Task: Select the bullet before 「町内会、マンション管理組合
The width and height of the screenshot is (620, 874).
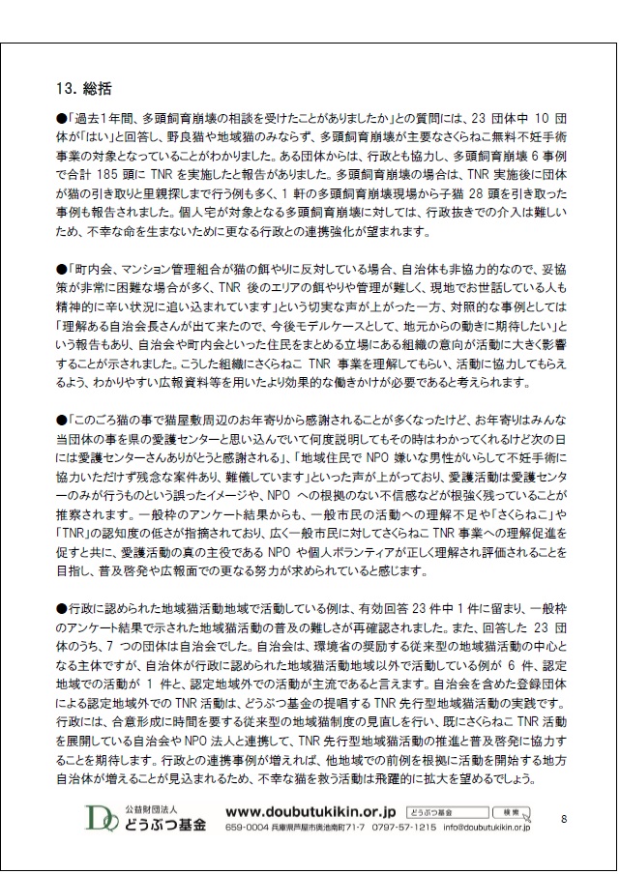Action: pos(62,264)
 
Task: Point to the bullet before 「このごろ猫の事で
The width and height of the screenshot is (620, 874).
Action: pos(62,422)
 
